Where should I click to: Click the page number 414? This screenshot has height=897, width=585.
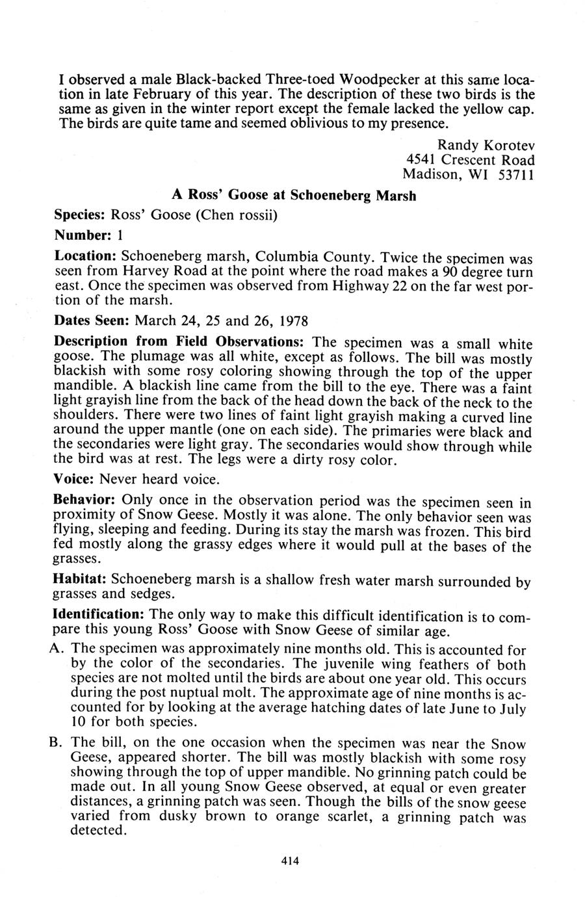point(289,861)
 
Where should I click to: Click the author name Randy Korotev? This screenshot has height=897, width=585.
point(486,144)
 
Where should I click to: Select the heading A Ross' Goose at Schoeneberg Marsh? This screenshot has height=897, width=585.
point(294,195)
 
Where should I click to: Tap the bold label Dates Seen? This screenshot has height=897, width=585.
point(92,321)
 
